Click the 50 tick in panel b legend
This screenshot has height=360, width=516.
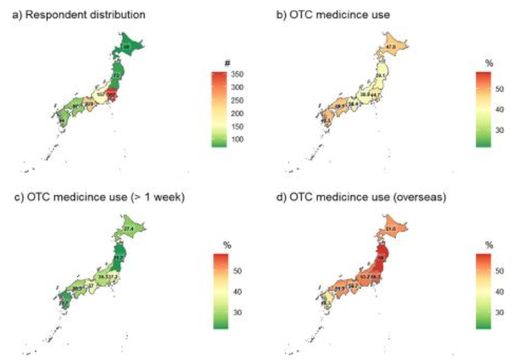coord(499,87)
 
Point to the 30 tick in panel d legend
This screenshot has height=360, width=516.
coord(499,313)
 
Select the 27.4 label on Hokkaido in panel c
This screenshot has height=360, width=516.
coord(126,229)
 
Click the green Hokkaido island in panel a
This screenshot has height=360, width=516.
coord(126,47)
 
